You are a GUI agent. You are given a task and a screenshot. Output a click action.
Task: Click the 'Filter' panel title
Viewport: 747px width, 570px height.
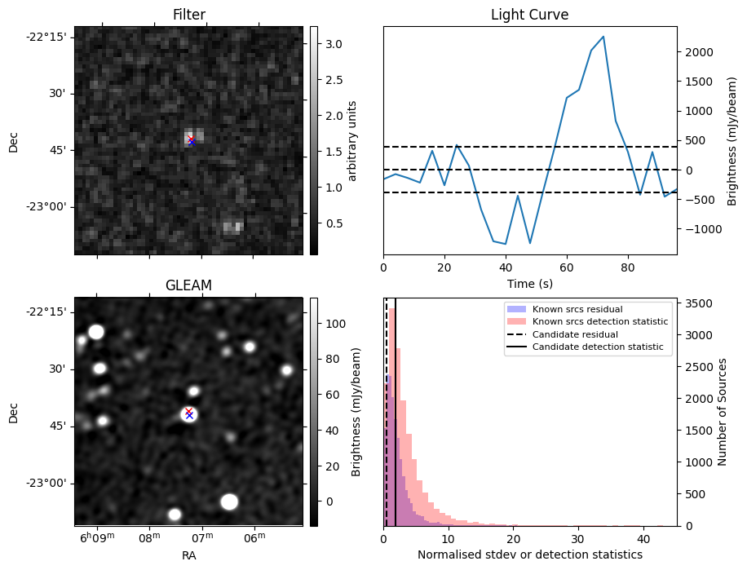tap(188, 15)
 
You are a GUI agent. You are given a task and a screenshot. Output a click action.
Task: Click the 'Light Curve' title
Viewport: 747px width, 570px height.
tap(529, 15)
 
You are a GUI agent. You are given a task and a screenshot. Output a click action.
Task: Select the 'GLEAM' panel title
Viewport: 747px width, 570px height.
tap(188, 285)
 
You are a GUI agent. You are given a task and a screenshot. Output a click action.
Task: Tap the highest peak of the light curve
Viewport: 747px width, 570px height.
tap(603, 37)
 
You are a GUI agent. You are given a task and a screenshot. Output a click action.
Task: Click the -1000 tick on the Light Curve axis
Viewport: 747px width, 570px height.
tap(697, 229)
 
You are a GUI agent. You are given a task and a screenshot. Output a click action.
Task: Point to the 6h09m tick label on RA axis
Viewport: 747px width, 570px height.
tap(97, 537)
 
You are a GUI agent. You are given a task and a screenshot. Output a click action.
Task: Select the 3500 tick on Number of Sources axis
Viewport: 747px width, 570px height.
tap(701, 303)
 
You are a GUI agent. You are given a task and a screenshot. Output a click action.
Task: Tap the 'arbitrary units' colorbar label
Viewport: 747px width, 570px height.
tap(352, 140)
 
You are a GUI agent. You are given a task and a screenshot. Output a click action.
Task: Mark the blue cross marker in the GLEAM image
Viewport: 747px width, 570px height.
tap(189, 416)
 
